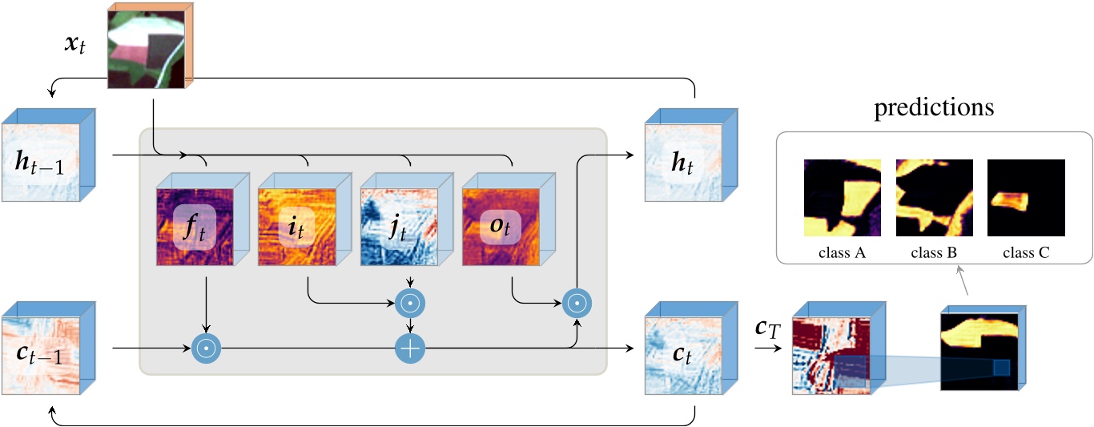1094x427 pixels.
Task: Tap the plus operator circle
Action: point(411,348)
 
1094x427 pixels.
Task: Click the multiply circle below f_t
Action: point(207,348)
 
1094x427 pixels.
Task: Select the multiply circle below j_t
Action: point(411,303)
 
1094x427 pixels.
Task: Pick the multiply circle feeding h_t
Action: point(575,303)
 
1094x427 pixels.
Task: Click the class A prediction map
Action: point(843,198)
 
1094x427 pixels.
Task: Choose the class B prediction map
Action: point(934,198)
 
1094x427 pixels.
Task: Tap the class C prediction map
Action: point(1026,198)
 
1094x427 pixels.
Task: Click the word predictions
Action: point(934,107)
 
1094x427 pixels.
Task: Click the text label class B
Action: point(934,252)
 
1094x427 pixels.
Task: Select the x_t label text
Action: point(77,46)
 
